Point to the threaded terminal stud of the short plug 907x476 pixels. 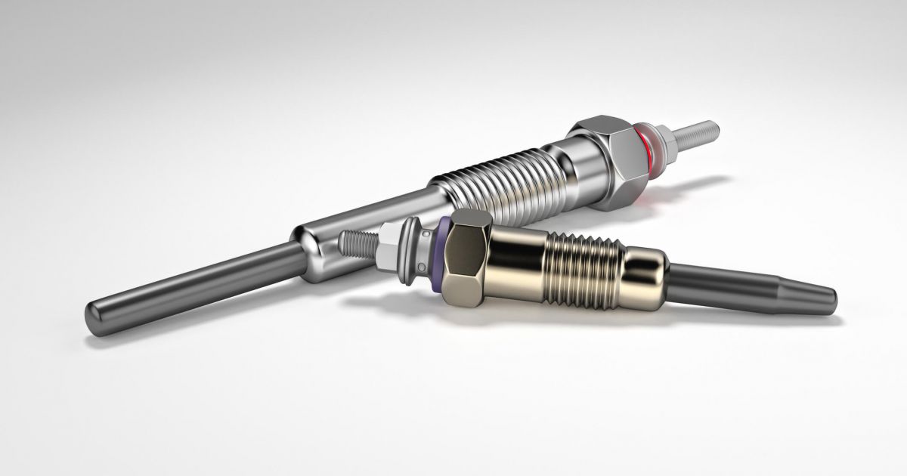point(357,242)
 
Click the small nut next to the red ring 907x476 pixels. point(664,141)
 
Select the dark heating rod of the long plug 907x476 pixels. point(189,283)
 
